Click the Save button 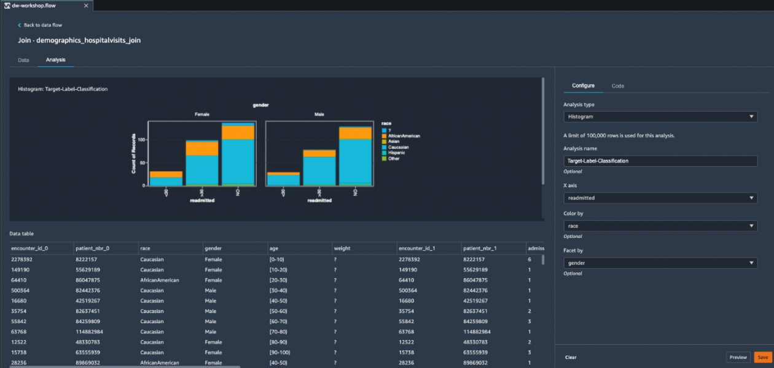pyautogui.click(x=762, y=357)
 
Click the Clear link pyautogui.click(x=571, y=357)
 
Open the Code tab pyautogui.click(x=617, y=86)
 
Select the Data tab pyautogui.click(x=23, y=60)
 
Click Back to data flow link pyautogui.click(x=42, y=25)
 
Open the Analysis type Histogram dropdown pyautogui.click(x=660, y=117)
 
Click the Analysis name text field pyautogui.click(x=660, y=161)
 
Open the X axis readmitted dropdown pyautogui.click(x=660, y=198)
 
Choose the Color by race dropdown pyautogui.click(x=660, y=226)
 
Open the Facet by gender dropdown pyautogui.click(x=660, y=263)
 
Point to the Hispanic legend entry pyautogui.click(x=397, y=153)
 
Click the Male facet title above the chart pyautogui.click(x=319, y=115)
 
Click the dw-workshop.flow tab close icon pyautogui.click(x=85, y=5)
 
